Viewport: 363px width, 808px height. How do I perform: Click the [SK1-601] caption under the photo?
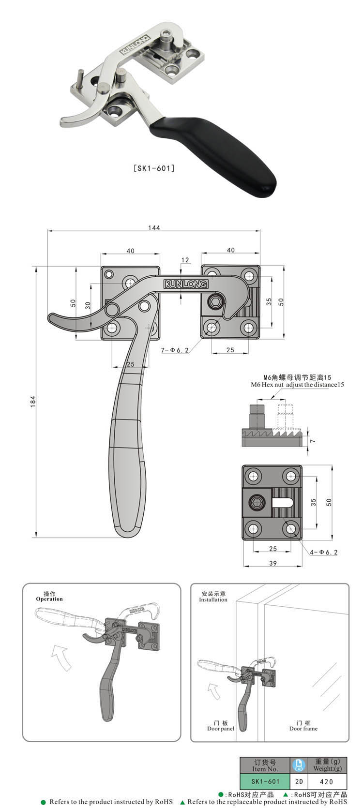153,168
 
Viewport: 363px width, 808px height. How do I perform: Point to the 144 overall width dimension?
154,227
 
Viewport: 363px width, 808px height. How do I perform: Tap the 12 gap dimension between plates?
185,260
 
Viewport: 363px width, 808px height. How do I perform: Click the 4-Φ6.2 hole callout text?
324,552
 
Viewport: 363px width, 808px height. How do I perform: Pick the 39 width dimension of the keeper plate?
272,563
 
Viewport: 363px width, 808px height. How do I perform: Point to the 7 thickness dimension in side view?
313,441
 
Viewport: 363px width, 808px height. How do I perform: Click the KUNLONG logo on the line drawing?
185,284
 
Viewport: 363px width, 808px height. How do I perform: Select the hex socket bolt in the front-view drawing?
215,303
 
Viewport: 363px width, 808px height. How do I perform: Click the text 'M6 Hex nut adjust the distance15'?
297,385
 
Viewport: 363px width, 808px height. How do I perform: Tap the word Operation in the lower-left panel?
49,599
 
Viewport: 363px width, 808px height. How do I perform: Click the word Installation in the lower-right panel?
213,599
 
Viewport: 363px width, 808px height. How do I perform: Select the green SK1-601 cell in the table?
265,781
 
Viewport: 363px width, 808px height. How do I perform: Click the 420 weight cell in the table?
327,781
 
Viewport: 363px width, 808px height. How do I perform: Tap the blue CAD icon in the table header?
299,765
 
